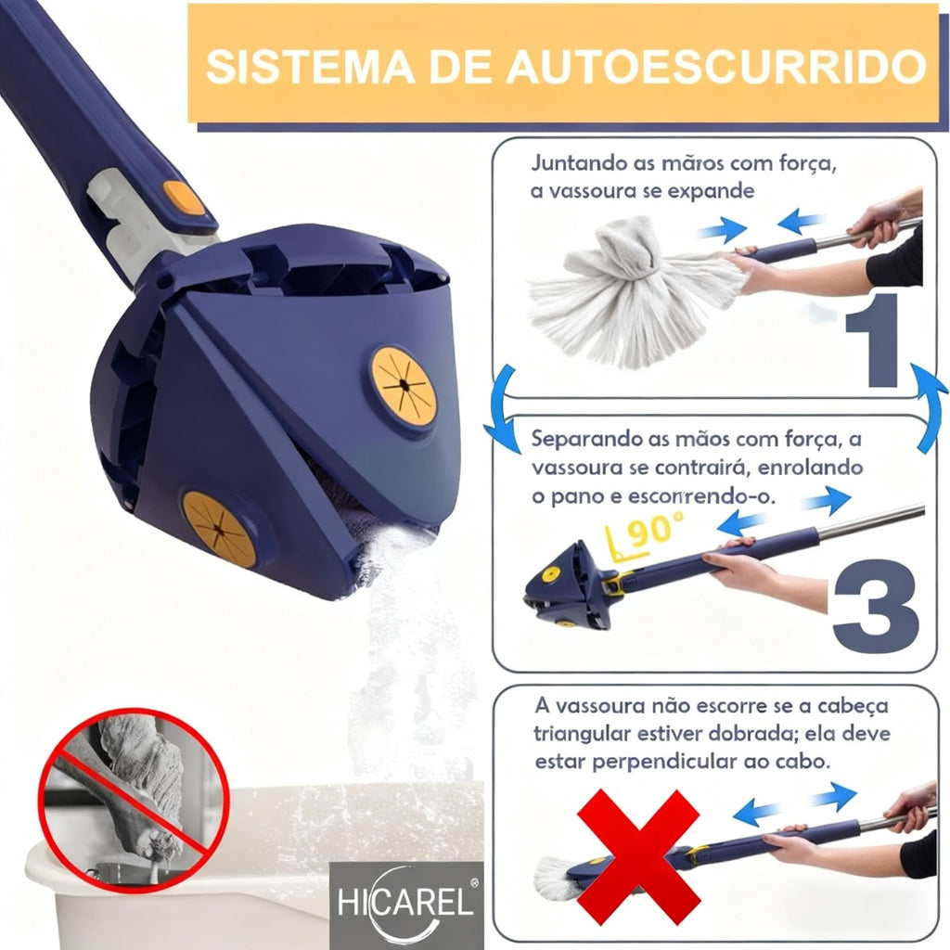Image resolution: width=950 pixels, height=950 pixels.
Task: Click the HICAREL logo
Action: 405,905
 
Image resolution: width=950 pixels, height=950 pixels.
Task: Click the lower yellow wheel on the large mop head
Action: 218,529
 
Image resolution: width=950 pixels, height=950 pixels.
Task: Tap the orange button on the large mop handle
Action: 183,197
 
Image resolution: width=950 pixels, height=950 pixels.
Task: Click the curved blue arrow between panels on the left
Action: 501,408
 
